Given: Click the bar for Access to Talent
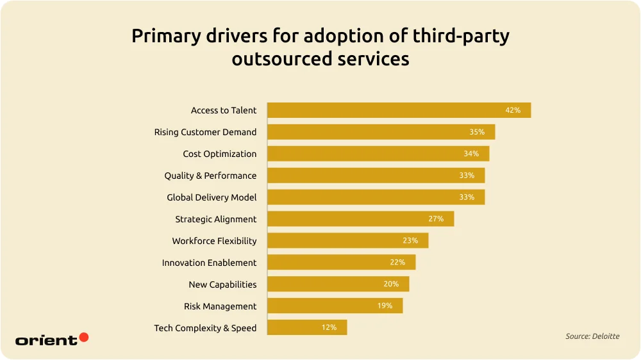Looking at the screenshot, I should tap(399, 110).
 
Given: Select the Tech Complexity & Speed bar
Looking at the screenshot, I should tap(306, 328).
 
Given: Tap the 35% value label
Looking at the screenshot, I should tap(477, 132).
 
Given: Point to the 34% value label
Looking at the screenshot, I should tap(471, 154).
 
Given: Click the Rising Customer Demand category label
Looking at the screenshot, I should tap(205, 132).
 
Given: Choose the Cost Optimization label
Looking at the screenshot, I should tap(219, 154).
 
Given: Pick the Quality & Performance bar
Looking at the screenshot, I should tap(376, 176).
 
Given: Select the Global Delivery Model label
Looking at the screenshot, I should tap(212, 197).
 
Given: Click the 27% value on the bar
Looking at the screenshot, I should tap(436, 219).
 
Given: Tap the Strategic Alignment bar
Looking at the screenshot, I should tap(360, 219).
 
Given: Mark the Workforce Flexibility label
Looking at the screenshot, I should tap(214, 241).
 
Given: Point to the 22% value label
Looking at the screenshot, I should tap(397, 263).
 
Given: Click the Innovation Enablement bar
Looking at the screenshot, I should tap(341, 263).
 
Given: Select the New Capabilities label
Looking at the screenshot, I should tap(222, 284).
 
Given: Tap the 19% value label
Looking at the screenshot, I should tap(385, 306).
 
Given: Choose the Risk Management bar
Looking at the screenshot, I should tap(335, 306).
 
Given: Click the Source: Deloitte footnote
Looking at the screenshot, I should tap(592, 336).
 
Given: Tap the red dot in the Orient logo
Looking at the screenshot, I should tap(83, 337).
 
